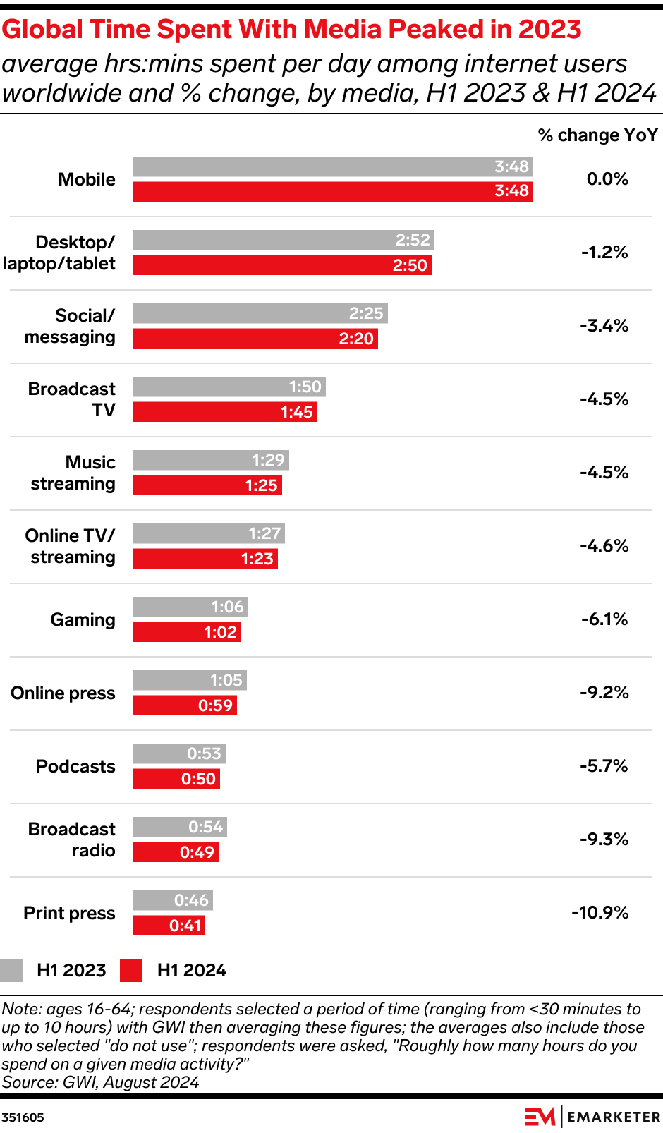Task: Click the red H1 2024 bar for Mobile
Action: [x=332, y=191]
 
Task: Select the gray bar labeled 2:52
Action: [x=283, y=240]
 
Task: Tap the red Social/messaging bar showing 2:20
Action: [x=255, y=339]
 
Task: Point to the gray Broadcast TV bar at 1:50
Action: [x=229, y=387]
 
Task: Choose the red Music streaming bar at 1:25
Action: [x=207, y=485]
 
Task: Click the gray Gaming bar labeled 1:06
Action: [x=190, y=607]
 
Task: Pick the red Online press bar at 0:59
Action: [x=184, y=705]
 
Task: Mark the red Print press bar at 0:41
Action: [x=168, y=926]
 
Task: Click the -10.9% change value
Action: [x=600, y=913]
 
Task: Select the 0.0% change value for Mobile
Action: [x=607, y=179]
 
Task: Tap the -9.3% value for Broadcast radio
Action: [x=604, y=840]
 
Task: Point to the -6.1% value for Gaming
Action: [x=604, y=619]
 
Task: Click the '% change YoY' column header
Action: [x=597, y=135]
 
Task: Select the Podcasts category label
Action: [x=75, y=766]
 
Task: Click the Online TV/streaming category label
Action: [x=71, y=546]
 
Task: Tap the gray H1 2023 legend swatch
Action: [x=11, y=971]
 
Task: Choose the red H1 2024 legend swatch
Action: [x=131, y=971]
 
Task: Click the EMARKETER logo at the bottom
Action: [x=592, y=1117]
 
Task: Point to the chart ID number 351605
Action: [x=23, y=1117]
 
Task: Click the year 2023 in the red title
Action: [x=549, y=30]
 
